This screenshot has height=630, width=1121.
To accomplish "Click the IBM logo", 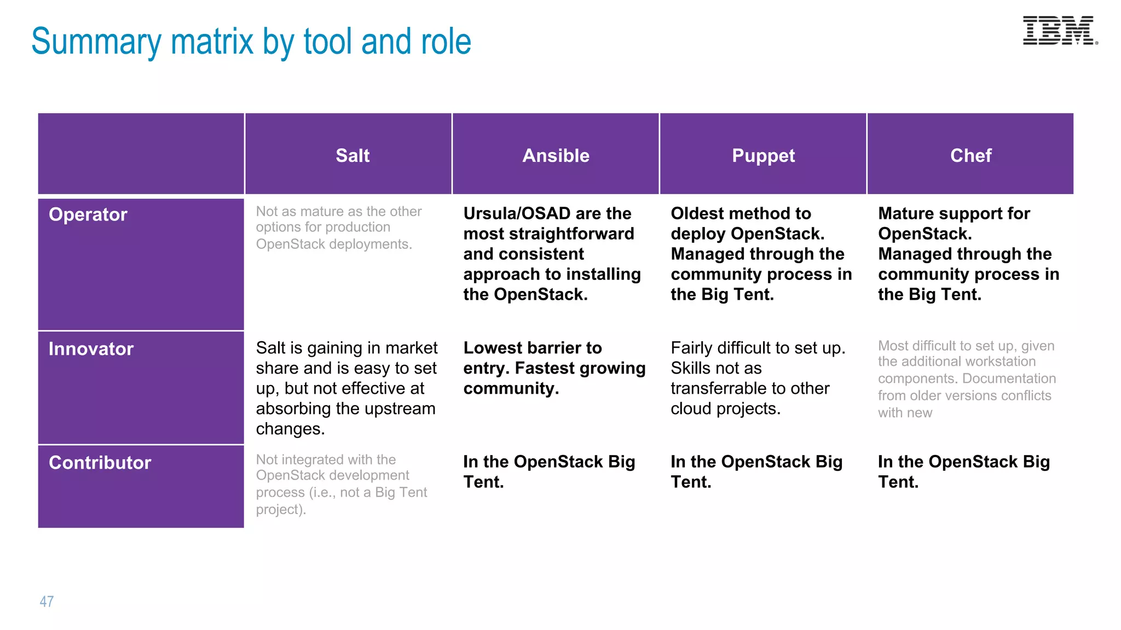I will (1060, 31).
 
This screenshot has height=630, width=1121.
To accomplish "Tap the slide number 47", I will (47, 602).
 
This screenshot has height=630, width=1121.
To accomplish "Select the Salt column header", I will (353, 156).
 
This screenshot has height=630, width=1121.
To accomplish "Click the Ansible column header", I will (556, 156).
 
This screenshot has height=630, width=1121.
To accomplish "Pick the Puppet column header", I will (763, 156).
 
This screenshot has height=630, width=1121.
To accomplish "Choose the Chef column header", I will (970, 156).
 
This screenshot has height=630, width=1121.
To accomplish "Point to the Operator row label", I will (88, 214).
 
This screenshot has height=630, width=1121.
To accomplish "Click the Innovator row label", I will (91, 349).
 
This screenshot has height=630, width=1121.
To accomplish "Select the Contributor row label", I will (100, 463).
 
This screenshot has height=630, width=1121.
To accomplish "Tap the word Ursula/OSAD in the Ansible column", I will (517, 213).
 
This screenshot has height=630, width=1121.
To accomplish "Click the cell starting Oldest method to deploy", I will (761, 254).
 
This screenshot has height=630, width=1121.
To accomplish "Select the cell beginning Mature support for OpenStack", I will (968, 254).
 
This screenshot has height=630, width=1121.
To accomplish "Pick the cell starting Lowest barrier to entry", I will (554, 368).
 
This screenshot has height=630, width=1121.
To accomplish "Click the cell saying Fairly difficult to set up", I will (758, 378).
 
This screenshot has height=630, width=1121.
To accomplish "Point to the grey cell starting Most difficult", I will (966, 378).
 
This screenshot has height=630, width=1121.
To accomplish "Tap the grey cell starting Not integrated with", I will (341, 484).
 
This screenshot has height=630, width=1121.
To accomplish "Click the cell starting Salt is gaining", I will (346, 388).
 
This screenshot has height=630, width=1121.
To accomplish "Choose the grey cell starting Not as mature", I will (338, 227).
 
